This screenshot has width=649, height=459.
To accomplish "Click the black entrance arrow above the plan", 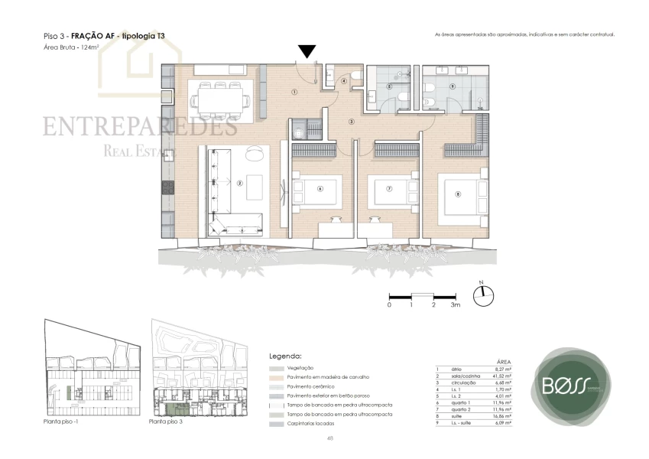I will pyautogui.click(x=307, y=51).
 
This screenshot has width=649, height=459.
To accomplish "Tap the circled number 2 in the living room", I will pyautogui.click(x=239, y=183).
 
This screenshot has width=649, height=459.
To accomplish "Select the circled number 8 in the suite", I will pyautogui.click(x=458, y=194).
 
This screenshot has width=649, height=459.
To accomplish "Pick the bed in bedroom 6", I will pyautogui.click(x=320, y=190).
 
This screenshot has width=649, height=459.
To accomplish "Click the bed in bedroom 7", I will pyautogui.click(x=388, y=190).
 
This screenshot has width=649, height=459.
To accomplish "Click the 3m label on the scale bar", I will pyautogui.click(x=456, y=305).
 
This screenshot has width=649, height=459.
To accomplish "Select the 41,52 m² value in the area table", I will pyautogui.click(x=502, y=377).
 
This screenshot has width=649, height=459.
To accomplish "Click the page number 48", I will pyautogui.click(x=329, y=438).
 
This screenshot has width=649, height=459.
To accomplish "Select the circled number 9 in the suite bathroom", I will pyautogui.click(x=453, y=86).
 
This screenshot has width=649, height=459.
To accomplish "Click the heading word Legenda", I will pyautogui.click(x=286, y=356).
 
